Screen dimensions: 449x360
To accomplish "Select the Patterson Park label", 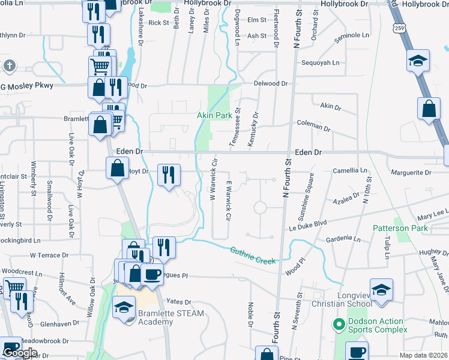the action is (x=400, y=228).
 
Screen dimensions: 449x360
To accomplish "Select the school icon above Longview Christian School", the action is (x=381, y=290).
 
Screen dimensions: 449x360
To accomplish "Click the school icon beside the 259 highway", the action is (x=418, y=60).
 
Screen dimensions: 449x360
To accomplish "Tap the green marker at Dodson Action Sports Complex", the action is (x=339, y=325).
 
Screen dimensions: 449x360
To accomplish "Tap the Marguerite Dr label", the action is (x=411, y=173).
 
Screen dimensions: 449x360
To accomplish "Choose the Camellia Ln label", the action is (x=350, y=170).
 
